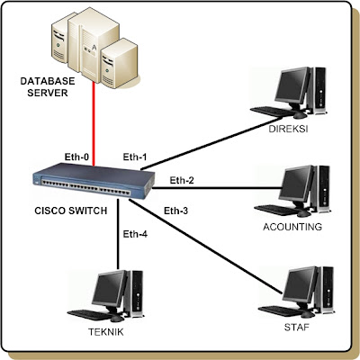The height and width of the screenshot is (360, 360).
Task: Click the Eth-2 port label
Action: tap(183, 180)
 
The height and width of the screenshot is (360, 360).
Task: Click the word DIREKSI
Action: tap(290, 130)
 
